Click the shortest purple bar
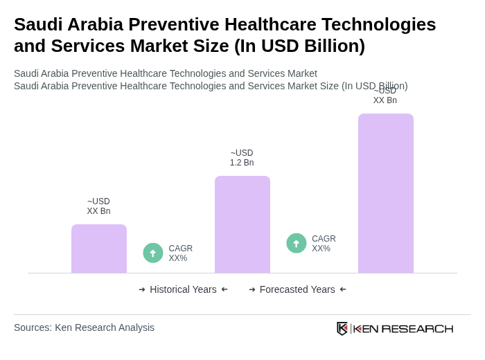coord(99,249)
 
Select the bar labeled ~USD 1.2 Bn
coord(242,224)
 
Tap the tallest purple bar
coord(386,193)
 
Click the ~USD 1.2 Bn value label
coord(242,158)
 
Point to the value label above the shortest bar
coord(98,206)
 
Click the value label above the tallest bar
coord(385,96)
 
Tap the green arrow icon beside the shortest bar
coord(153,253)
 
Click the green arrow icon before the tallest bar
coord(297,243)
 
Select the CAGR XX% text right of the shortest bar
coord(180,253)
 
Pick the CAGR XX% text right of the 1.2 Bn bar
coord(324,244)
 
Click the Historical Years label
coord(183,289)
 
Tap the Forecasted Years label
coord(297,289)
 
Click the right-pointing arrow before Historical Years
coord(142,289)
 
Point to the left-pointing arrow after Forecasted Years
coord(343,289)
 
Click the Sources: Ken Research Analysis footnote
coord(84,327)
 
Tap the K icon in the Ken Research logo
coord(342,328)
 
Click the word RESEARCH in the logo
coord(417,328)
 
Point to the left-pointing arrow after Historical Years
coord(224,289)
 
